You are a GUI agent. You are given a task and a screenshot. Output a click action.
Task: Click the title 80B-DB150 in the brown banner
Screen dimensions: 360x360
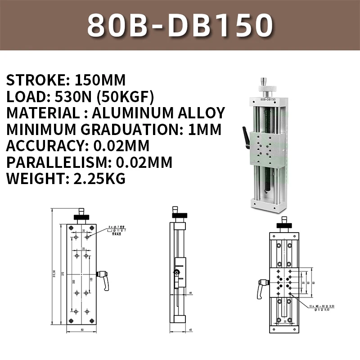(x=180, y=25)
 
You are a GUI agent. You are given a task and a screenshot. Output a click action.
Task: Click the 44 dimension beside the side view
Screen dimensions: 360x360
(x=191, y=293)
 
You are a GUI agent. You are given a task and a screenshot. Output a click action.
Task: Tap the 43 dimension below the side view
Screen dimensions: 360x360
(x=191, y=331)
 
